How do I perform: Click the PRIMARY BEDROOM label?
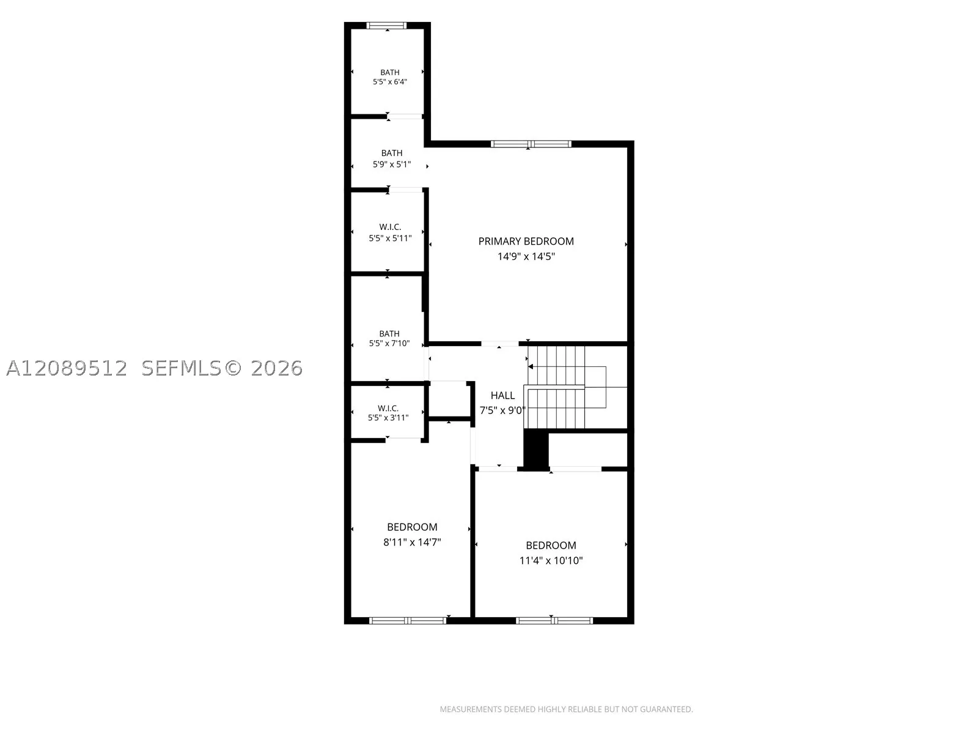click(526, 241)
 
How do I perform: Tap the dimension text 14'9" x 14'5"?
click(526, 256)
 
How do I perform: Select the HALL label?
click(502, 395)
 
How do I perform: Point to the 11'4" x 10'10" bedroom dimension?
click(551, 560)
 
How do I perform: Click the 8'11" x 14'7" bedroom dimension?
click(412, 542)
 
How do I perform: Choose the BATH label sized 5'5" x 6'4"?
click(390, 72)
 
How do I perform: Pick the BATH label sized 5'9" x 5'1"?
click(392, 153)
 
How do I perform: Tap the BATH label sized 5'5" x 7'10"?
click(389, 333)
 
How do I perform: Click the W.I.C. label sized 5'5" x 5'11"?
click(391, 227)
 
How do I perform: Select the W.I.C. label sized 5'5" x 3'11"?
click(388, 408)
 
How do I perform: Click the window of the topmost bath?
click(386, 26)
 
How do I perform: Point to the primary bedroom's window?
click(531, 144)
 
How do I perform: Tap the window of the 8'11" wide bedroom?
click(408, 620)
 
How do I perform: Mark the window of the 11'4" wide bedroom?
click(554, 620)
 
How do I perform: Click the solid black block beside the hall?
click(535, 450)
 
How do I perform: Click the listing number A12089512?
click(67, 368)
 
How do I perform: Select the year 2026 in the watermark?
click(277, 368)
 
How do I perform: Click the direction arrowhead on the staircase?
click(531, 367)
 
